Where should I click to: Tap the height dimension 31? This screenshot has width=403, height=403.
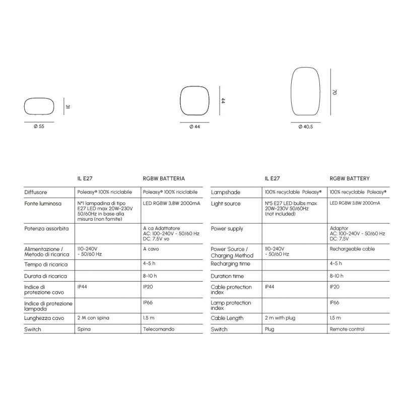pos(67,107)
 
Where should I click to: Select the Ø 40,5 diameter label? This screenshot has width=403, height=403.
pos(306,126)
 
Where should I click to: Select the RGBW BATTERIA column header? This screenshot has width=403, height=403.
pos(164,178)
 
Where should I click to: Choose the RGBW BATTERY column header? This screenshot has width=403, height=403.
pos(350,178)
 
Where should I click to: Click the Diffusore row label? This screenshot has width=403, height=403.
pos(36,192)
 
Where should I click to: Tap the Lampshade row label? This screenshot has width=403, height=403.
pos(226,192)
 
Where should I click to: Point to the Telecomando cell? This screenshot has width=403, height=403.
pos(159,329)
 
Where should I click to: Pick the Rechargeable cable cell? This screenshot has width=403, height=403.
pos(352,249)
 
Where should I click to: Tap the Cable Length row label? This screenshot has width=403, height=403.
pos(227,318)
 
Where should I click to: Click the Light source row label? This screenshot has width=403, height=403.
pos(226,204)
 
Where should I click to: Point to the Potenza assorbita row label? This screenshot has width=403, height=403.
pos(46,228)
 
